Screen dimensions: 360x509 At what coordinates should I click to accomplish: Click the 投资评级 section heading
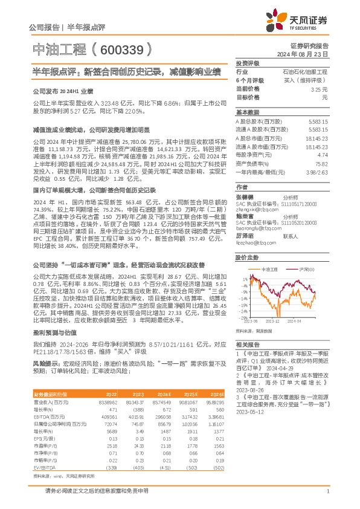click(x=248, y=63)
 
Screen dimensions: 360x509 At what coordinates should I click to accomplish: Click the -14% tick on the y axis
click(x=242, y=298)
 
